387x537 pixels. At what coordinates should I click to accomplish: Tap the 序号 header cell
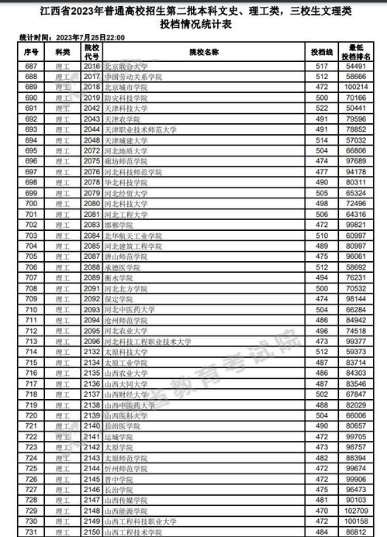(32, 52)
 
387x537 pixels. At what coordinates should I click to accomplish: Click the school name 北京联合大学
(126, 67)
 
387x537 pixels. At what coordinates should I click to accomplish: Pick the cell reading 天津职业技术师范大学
(144, 129)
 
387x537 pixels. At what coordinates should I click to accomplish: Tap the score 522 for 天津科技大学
(317, 109)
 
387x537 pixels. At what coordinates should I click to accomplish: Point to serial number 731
(32, 532)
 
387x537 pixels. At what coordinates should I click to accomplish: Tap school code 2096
(92, 340)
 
